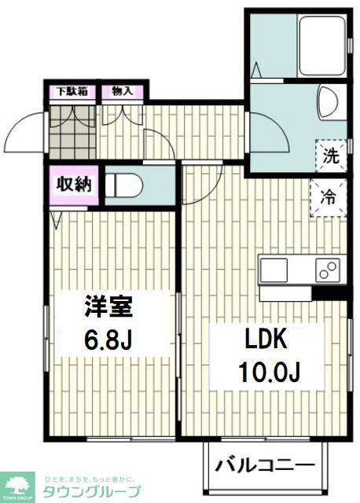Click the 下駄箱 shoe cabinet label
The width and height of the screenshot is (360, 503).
click(70, 92)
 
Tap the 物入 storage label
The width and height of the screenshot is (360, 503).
click(122, 92)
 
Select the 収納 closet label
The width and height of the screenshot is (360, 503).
click(73, 185)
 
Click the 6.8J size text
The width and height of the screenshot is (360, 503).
click(108, 340)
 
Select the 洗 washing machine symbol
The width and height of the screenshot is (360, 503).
click(332, 155)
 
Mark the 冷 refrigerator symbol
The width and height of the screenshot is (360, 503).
click(332, 196)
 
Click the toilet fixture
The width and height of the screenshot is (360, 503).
click(126, 185)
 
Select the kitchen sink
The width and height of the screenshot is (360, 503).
click(275, 269)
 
